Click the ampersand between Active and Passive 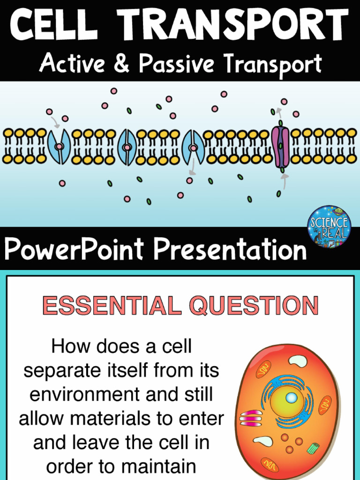click(x=121, y=64)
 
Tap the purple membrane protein click(x=281, y=146)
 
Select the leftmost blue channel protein click(x=59, y=147)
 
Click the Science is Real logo click(x=329, y=226)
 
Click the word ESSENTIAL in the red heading click(x=112, y=306)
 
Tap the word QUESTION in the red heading click(x=254, y=306)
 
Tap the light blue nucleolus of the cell click(x=291, y=398)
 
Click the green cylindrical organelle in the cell click(x=313, y=448)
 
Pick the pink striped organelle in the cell click(x=251, y=418)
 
